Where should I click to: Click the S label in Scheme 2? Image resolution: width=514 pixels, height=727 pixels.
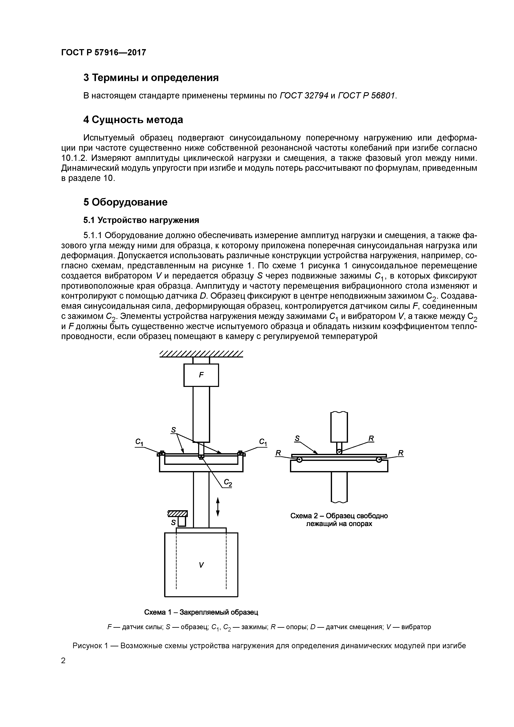pos(297,439)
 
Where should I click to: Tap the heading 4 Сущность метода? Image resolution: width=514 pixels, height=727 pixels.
pos(133,120)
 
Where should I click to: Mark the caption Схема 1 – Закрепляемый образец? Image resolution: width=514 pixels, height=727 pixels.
pos(201,612)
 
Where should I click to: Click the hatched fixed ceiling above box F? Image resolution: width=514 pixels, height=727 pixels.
pos(201,354)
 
